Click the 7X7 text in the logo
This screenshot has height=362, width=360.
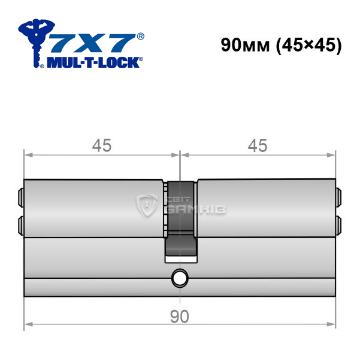92,42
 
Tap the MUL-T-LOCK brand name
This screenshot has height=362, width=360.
93,62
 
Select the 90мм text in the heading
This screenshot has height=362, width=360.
245,45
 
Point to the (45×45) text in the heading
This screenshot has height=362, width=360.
308,45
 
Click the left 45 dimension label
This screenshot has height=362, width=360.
102,145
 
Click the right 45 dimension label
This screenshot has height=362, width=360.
258,145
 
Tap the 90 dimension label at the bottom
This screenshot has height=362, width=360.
180,317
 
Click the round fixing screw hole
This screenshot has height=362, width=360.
180,278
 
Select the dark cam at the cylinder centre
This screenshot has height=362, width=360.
180,218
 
